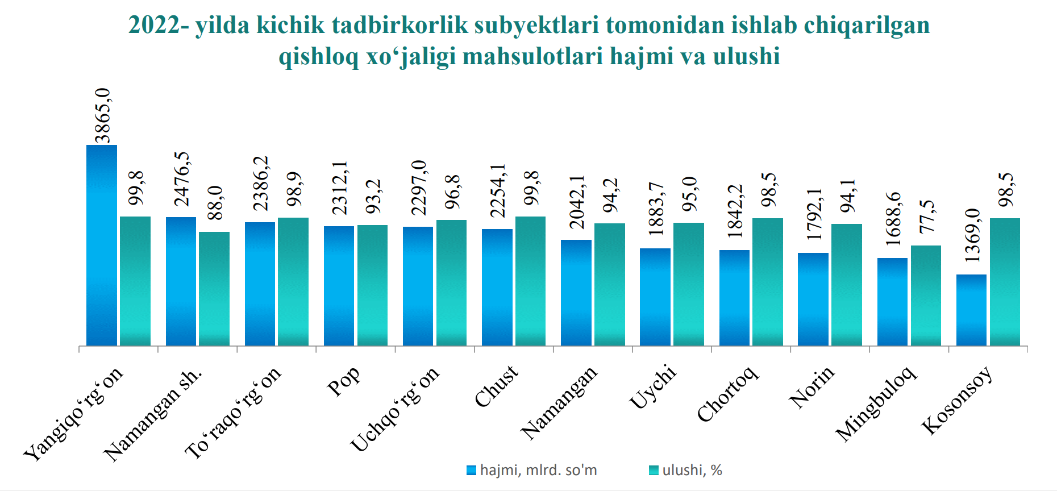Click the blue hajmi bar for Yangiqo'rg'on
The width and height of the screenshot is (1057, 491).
tap(102, 245)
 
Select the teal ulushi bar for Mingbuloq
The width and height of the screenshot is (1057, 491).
tap(926, 296)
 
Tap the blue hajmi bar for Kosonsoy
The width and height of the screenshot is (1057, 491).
tap(971, 310)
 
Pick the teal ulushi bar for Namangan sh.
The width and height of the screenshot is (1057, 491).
tap(214, 289)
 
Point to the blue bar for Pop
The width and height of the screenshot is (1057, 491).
tap(339, 286)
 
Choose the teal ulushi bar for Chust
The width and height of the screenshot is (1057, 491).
tap(530, 281)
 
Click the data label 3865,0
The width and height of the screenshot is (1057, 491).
tap(103, 115)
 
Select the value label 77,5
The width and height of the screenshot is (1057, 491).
tap(927, 217)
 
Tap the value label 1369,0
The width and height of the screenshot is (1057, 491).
tap(972, 235)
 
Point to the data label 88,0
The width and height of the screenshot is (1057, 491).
tap(215, 203)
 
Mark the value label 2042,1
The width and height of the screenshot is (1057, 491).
tap(577, 202)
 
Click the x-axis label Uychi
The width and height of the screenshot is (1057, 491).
tap(653, 386)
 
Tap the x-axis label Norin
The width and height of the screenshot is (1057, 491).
tap(812, 386)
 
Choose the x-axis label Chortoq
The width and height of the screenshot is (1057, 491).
tap(727, 394)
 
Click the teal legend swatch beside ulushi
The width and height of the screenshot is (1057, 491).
tap(654, 471)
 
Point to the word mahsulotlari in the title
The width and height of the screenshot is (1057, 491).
tap(532, 56)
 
